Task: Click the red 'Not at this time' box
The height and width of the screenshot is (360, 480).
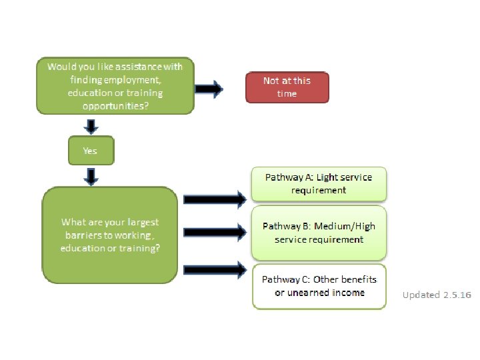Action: tap(287, 87)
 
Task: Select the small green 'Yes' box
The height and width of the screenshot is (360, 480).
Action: tap(91, 151)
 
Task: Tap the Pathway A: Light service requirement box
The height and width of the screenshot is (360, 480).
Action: tap(319, 184)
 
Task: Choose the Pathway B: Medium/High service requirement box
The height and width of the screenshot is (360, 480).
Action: tap(319, 233)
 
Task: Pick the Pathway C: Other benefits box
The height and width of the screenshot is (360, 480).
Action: tap(319, 286)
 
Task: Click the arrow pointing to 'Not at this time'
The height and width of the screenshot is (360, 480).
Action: tap(209, 89)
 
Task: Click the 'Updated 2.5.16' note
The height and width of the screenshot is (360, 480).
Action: tap(437, 295)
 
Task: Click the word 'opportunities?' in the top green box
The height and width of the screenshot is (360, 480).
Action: tap(115, 105)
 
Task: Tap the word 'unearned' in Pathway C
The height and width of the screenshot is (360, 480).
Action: tap(304, 293)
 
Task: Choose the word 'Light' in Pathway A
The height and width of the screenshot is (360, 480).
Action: tap(327, 177)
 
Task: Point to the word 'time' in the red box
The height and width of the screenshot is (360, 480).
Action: tap(287, 93)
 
